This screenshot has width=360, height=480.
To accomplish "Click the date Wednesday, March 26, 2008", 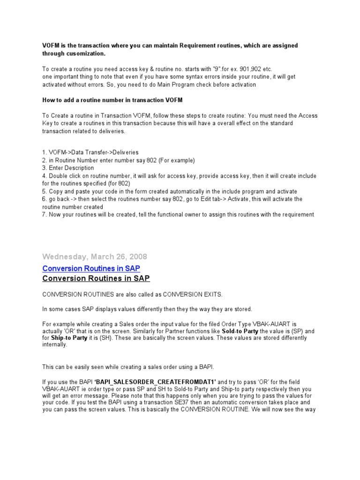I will (x=95, y=256).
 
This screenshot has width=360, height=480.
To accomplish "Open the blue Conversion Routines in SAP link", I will (x=91, y=268).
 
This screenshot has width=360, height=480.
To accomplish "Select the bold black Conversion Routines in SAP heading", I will (x=96, y=278).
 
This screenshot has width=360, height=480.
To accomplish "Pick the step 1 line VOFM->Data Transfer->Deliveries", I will (x=90, y=153).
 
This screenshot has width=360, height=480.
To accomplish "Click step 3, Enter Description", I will (x=68, y=168).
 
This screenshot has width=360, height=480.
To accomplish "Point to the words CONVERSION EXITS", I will (x=187, y=294).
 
